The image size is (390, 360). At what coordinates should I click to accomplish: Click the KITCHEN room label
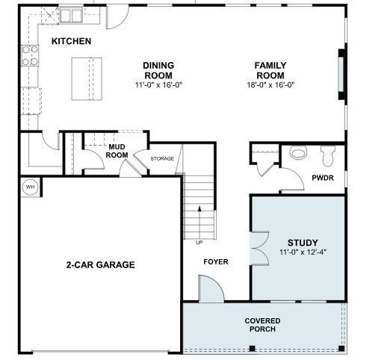click(x=71, y=41)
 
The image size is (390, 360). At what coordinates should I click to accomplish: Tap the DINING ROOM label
click(x=158, y=70)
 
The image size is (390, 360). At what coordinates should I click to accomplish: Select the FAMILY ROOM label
click(x=270, y=70)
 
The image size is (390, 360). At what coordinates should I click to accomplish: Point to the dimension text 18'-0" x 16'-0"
click(x=270, y=85)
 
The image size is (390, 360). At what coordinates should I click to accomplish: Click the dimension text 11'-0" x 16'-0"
click(x=158, y=85)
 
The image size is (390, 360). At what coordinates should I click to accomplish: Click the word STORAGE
click(x=162, y=158)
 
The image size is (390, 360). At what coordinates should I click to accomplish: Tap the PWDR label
click(x=323, y=178)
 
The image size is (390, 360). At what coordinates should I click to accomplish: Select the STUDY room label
click(x=303, y=243)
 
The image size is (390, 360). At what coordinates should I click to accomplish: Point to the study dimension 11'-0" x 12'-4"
click(x=303, y=252)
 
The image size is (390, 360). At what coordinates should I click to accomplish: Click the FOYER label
click(x=216, y=262)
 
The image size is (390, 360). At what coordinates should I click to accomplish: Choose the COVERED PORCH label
click(x=262, y=325)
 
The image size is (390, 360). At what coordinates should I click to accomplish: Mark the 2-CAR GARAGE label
click(x=100, y=264)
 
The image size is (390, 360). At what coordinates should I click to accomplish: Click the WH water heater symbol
click(x=31, y=187)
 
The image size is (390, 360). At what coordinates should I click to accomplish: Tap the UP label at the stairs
click(x=199, y=242)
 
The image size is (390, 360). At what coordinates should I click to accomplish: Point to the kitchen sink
click(x=72, y=14)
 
